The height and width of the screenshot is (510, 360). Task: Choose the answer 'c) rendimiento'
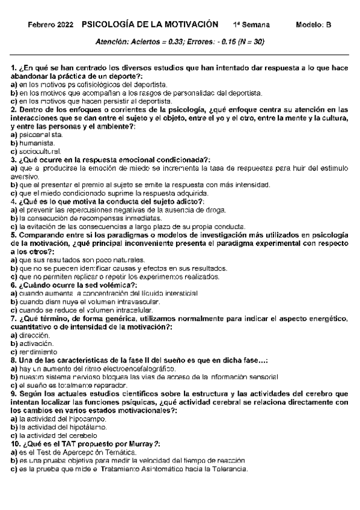(x=34, y=351)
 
